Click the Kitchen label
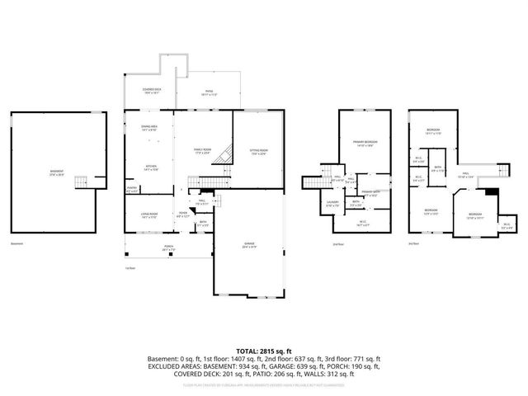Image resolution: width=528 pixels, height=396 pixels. click(x=151, y=168)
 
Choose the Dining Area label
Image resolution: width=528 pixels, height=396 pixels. click(x=150, y=128)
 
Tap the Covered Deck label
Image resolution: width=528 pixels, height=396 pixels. click(x=151, y=92)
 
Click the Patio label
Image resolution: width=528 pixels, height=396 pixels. click(x=209, y=92)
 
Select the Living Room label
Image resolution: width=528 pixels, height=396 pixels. click(x=148, y=215)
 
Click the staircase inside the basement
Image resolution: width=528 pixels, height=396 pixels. click(x=101, y=180)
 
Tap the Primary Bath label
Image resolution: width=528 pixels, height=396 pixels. click(x=370, y=194)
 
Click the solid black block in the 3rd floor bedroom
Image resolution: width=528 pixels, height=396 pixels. click(x=492, y=192)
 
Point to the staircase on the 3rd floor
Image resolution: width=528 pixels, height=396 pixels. click(x=501, y=171)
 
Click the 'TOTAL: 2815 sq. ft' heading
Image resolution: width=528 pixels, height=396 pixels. click(x=263, y=350)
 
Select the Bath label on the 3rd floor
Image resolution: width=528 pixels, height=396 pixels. click(x=437, y=169)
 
